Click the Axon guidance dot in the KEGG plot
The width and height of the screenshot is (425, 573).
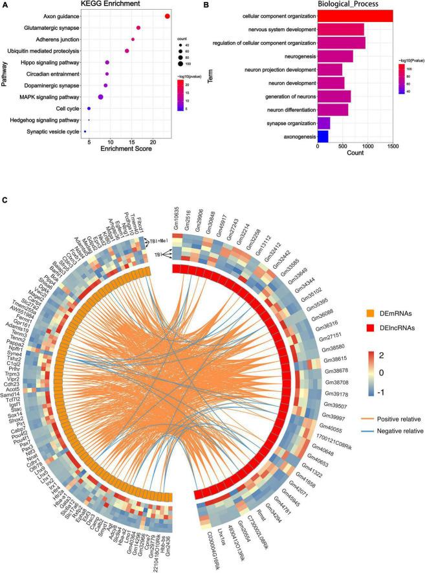[168, 16]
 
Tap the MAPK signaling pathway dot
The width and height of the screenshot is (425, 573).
[100, 97]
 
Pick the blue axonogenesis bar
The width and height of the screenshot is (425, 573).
[323, 137]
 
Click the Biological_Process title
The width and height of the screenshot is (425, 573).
[364, 5]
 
